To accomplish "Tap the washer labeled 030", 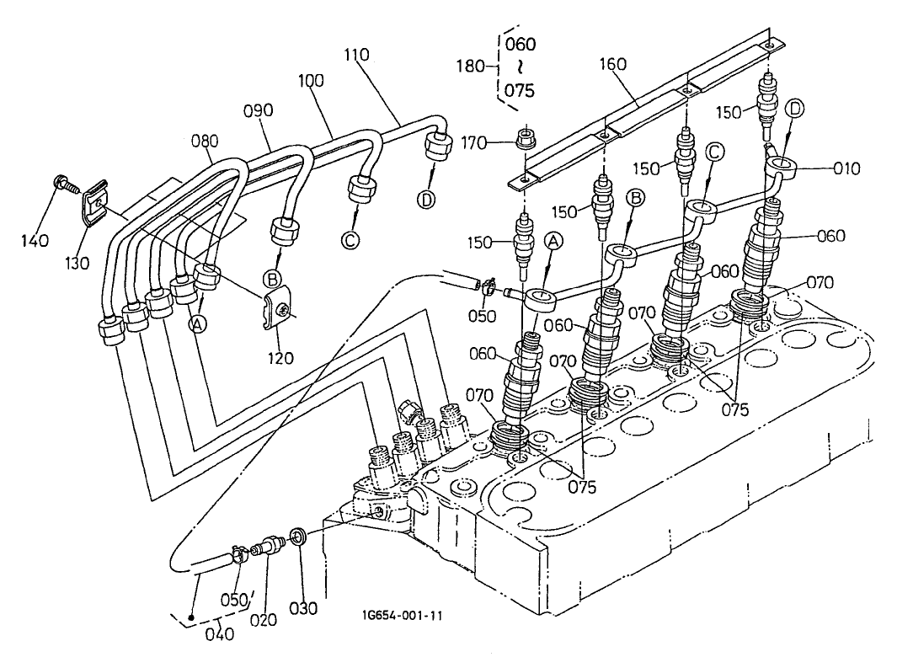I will point(297,537).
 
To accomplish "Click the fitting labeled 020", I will point(270,547).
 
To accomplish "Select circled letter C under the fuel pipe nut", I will point(350,241).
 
